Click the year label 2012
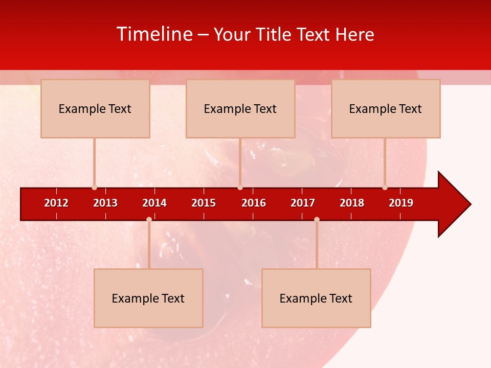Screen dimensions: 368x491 coord(56,203)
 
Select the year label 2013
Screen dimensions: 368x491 coord(105,203)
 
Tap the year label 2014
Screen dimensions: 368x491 coord(154,203)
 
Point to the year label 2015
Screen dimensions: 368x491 coord(204,203)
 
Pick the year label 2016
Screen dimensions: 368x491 coord(254,203)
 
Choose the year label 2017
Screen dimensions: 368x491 coord(303,203)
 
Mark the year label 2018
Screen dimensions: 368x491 coord(352,203)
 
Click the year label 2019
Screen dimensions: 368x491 coord(401,203)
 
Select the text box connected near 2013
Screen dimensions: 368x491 coord(95,108)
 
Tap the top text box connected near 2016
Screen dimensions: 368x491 coord(240,108)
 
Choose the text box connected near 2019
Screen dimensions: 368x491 coord(386,108)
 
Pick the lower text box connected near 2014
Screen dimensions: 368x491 coord(148,298)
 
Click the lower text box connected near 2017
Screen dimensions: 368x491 coord(316,298)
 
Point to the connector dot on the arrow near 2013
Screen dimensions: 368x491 coord(94,188)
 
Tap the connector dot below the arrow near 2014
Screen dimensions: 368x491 coord(149,219)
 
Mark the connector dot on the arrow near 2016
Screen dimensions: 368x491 coord(240,188)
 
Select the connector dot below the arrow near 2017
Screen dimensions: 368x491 coord(317,219)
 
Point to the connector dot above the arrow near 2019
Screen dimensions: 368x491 coord(385,188)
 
